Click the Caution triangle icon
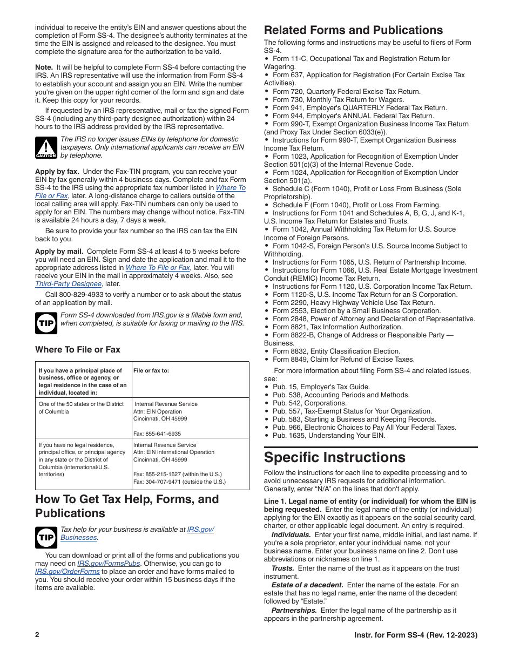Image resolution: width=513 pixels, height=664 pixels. coord(46,147)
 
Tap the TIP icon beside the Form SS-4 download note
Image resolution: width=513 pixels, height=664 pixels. coord(46,323)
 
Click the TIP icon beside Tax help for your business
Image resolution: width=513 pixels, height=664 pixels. coord(46,537)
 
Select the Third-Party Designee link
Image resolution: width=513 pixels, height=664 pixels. coord(69,284)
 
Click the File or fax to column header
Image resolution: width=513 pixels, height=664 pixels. coord(151,370)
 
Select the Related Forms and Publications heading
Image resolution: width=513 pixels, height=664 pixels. coord(353,30)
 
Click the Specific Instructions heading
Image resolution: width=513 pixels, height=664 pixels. coord(334,457)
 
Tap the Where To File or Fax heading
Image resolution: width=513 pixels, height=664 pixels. coord(78,349)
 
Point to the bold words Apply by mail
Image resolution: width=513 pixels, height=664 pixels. coord(59,251)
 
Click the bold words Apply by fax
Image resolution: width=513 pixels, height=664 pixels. coord(57,172)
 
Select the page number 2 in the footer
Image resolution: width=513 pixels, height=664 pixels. coord(37,635)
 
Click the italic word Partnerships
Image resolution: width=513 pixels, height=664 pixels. coord(294,610)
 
